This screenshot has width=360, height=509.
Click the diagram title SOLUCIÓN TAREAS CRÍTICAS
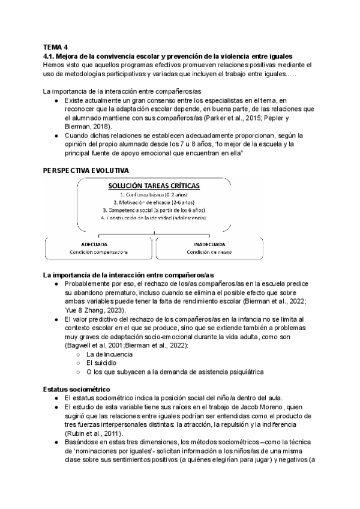tap(154, 186)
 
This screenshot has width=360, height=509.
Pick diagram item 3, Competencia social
tap(155, 211)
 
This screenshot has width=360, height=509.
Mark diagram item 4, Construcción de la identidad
tap(155, 218)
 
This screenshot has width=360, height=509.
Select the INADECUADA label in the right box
tap(209, 245)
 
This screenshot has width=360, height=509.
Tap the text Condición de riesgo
tap(209, 253)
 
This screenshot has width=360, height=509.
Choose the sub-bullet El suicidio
tap(100, 363)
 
